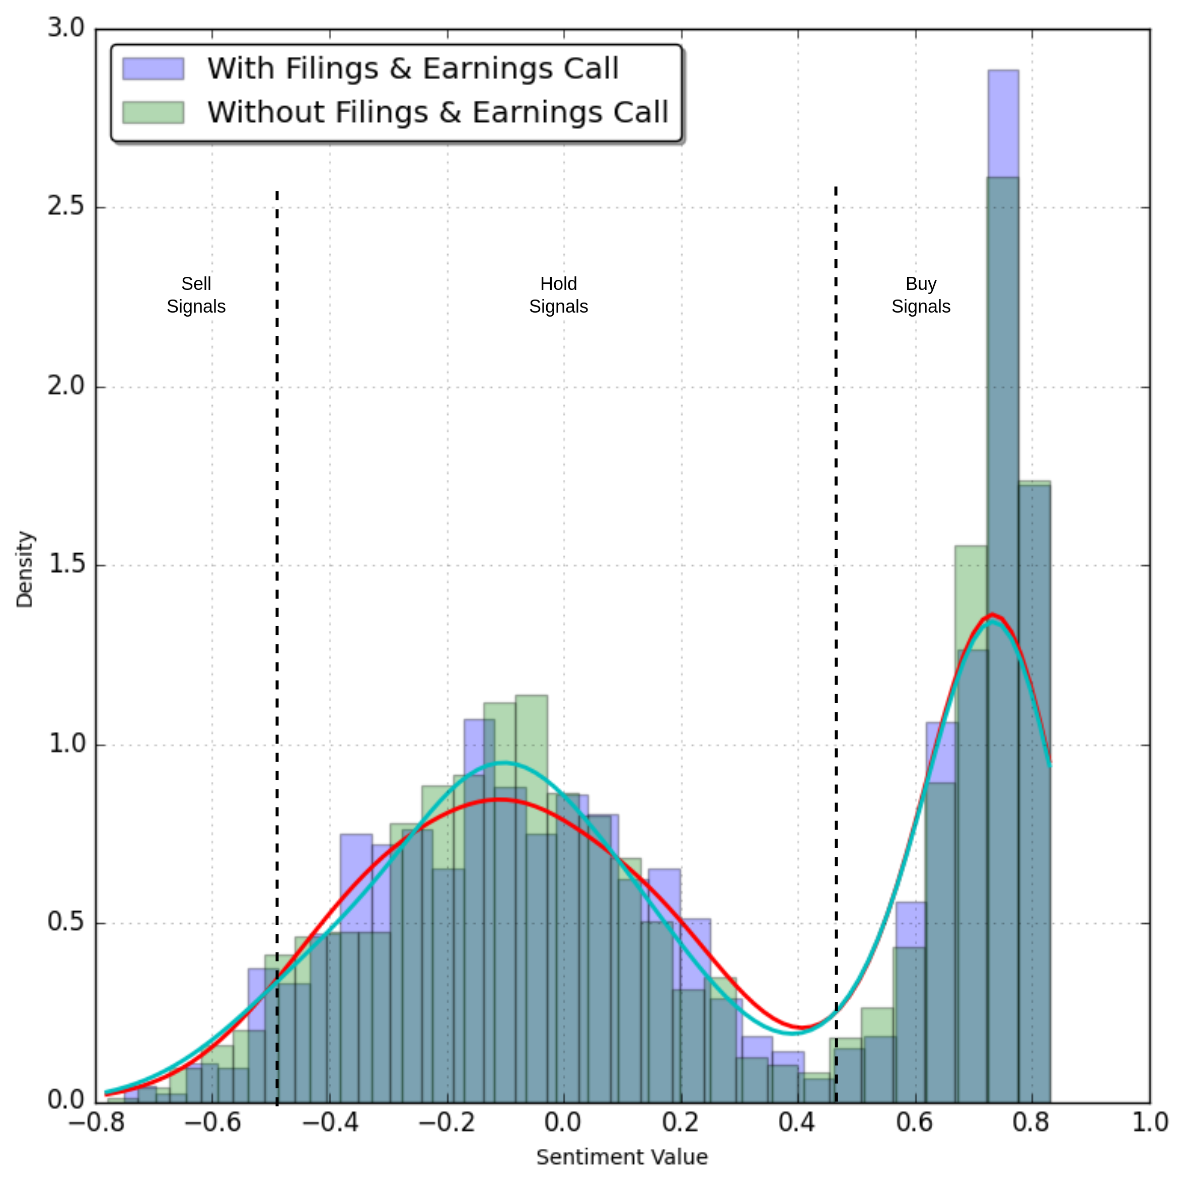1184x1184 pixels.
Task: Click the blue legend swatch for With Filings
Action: pyautogui.click(x=153, y=68)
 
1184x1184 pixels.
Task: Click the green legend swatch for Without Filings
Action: pyautogui.click(x=153, y=112)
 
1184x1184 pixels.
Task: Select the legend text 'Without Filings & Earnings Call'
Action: pyautogui.click(x=437, y=112)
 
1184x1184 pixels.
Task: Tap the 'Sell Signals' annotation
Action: pyautogui.click(x=196, y=295)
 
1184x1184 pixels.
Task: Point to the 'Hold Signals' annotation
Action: pyautogui.click(x=558, y=295)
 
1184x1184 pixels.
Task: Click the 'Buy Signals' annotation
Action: pyautogui.click(x=921, y=295)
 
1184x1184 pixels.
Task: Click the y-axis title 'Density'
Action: pyautogui.click(x=25, y=569)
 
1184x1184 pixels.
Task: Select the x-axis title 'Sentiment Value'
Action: pyautogui.click(x=621, y=1157)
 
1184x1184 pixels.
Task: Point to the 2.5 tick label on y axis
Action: pyautogui.click(x=65, y=206)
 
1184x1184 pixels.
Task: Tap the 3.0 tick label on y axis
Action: pyautogui.click(x=65, y=28)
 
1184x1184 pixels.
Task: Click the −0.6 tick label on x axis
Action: pyautogui.click(x=212, y=1122)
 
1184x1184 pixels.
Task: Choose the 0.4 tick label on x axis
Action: pyautogui.click(x=797, y=1122)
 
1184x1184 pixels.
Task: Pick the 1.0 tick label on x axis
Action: pyautogui.click(x=1149, y=1122)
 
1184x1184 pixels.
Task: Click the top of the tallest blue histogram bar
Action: pyautogui.click(x=1003, y=71)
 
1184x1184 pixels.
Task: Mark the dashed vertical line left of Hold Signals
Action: pyautogui.click(x=277, y=552)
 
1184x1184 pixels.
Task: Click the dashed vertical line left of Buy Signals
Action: pyautogui.click(x=836, y=552)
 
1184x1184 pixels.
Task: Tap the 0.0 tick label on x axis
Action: pyautogui.click(x=563, y=1122)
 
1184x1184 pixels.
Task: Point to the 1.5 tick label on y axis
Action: pyautogui.click(x=65, y=564)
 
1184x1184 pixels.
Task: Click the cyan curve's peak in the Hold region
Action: pyautogui.click(x=503, y=762)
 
